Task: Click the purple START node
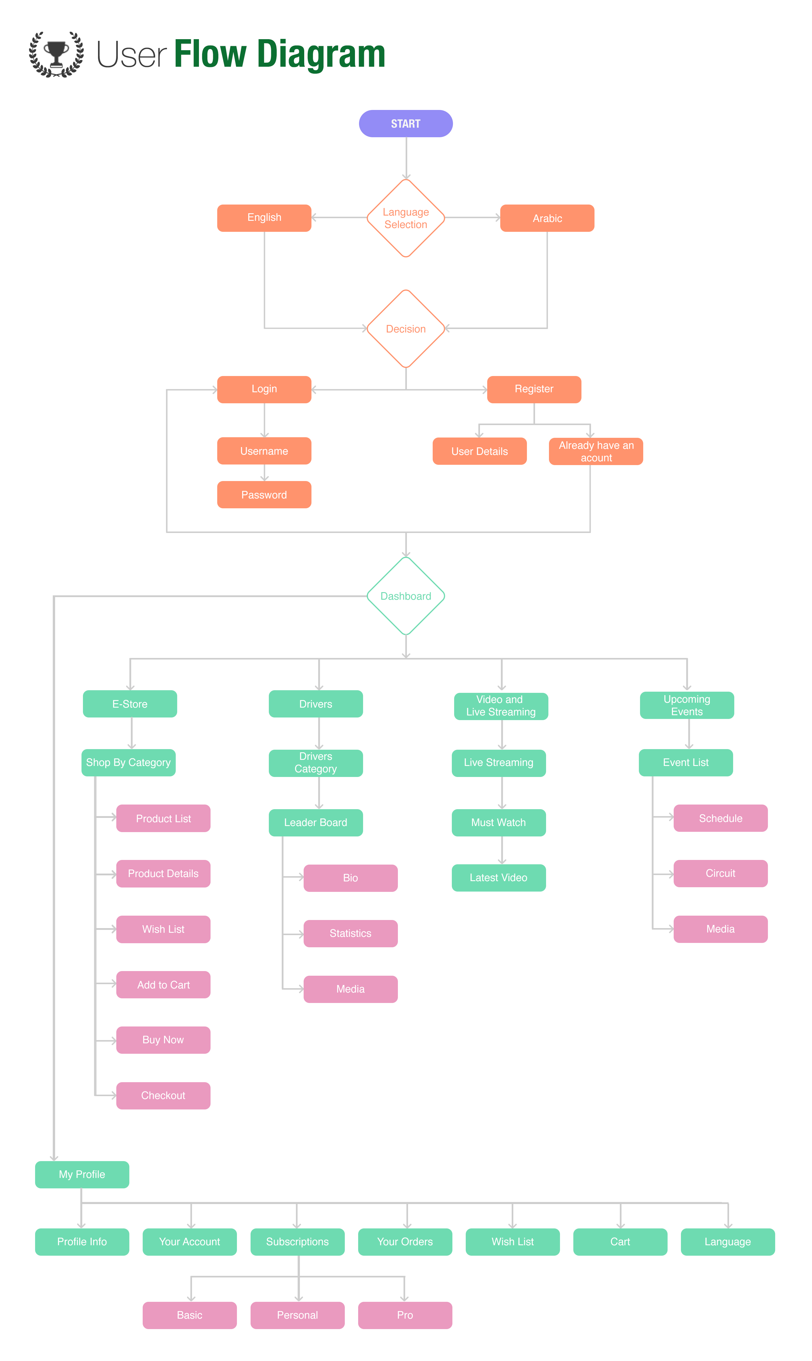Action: (405, 124)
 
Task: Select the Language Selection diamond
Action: (405, 218)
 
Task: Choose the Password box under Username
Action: (264, 495)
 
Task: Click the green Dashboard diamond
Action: (405, 596)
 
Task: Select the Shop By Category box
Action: (128, 762)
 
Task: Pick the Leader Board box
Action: (316, 823)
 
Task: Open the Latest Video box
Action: (499, 878)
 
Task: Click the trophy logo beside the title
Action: (56, 54)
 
